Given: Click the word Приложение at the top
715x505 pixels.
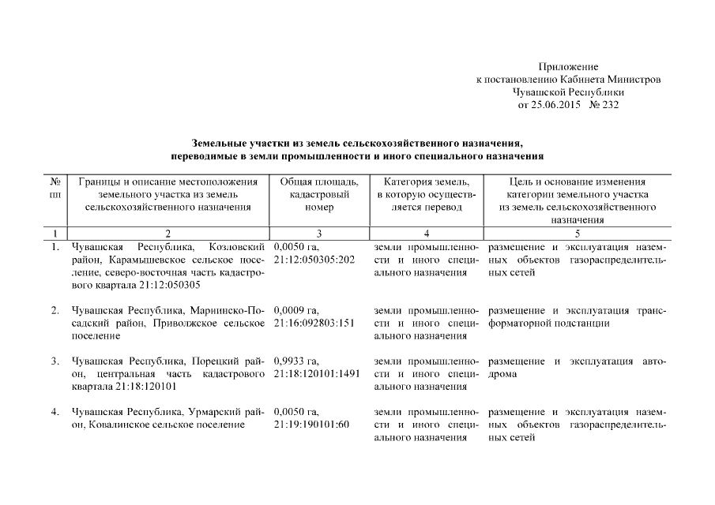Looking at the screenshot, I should (x=568, y=67).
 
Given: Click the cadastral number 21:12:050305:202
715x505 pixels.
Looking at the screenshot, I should (x=314, y=260).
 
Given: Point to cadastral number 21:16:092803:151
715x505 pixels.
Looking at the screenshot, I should (x=314, y=323).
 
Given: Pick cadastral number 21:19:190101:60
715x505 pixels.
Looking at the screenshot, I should (x=311, y=425).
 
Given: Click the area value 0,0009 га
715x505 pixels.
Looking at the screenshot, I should (x=296, y=310).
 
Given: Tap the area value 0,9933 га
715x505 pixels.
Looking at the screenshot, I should (x=296, y=361).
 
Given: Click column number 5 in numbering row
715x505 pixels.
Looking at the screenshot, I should (x=577, y=234).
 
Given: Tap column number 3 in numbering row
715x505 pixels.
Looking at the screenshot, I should (x=318, y=234).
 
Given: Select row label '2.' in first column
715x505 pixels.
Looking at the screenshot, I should (x=55, y=310).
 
